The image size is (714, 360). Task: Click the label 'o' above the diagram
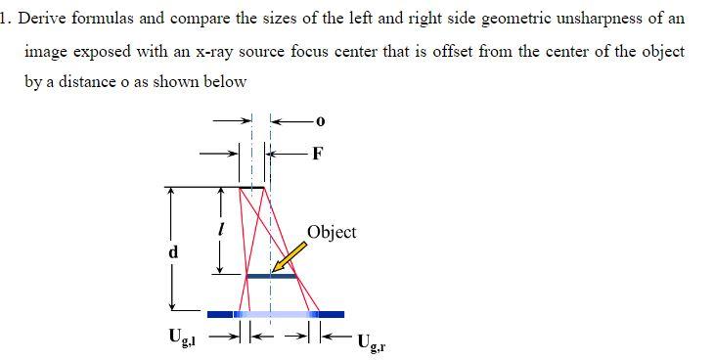pos(320,121)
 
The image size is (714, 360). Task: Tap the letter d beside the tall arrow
pos(173,251)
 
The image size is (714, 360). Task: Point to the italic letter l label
pos(221,230)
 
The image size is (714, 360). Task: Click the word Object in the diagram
pos(332,232)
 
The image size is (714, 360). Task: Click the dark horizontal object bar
pos(271,276)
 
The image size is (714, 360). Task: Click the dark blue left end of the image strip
pos(219,314)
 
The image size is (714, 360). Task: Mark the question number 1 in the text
pos(5,19)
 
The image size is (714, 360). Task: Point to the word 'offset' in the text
pos(421,51)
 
